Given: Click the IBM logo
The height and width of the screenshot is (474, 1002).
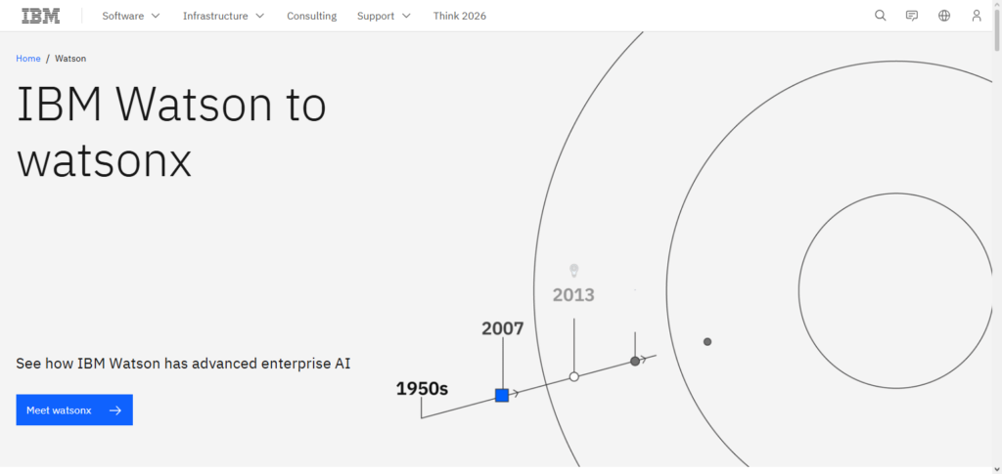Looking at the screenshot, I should click(x=41, y=16).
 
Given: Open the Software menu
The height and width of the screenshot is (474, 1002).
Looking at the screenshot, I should click(x=131, y=16).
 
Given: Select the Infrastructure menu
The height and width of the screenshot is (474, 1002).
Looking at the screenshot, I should click(x=223, y=16).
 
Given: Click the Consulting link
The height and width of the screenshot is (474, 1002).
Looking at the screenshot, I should click(x=311, y=16).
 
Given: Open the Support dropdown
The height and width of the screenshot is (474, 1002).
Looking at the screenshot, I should click(x=384, y=16).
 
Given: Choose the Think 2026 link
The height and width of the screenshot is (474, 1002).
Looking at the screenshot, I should click(x=460, y=16).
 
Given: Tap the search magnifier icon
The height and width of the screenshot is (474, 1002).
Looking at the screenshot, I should click(x=880, y=16).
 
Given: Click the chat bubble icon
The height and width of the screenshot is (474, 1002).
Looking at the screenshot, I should click(x=912, y=16).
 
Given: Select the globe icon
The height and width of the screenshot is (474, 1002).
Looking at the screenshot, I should click(x=944, y=16).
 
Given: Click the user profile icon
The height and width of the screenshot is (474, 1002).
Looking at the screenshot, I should click(x=977, y=16).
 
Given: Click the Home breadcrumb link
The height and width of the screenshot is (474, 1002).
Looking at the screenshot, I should click(x=28, y=59).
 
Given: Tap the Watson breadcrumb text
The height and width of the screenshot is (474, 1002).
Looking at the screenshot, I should click(x=70, y=59).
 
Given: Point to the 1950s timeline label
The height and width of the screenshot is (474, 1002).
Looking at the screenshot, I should click(x=422, y=389).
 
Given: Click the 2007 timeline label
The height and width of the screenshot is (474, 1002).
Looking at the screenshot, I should click(x=503, y=328).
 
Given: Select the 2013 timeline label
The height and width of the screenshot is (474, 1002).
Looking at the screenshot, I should click(x=573, y=294).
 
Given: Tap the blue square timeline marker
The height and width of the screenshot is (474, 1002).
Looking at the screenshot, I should click(x=502, y=395).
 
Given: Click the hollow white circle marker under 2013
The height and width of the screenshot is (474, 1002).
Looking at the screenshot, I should click(x=574, y=376).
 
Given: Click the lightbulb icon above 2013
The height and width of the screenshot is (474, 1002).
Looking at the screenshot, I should click(x=574, y=269).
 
